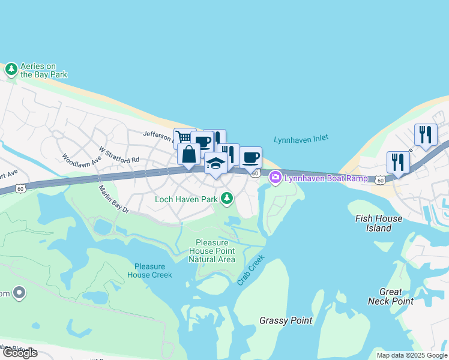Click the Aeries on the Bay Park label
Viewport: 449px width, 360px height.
click(x=44, y=70)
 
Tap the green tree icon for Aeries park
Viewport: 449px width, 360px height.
click(x=11, y=70)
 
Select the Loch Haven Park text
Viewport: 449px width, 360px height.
click(x=186, y=199)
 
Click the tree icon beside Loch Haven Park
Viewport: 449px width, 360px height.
click(x=226, y=197)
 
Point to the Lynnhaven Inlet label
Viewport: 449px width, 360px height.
click(x=301, y=139)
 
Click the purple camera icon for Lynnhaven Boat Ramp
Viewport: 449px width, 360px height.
click(x=276, y=177)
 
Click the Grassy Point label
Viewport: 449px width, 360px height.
click(x=286, y=320)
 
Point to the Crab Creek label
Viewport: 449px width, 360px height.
click(x=251, y=272)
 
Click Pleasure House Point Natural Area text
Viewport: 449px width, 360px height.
click(x=211, y=251)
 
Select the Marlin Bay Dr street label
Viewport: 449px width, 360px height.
click(x=114, y=199)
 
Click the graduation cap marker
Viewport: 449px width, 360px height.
click(x=215, y=163)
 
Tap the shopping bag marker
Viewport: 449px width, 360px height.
click(x=189, y=154)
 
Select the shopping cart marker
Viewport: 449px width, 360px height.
click(x=183, y=137)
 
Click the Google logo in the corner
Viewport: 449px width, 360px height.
click(x=20, y=353)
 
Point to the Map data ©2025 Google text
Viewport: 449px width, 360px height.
click(x=411, y=355)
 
